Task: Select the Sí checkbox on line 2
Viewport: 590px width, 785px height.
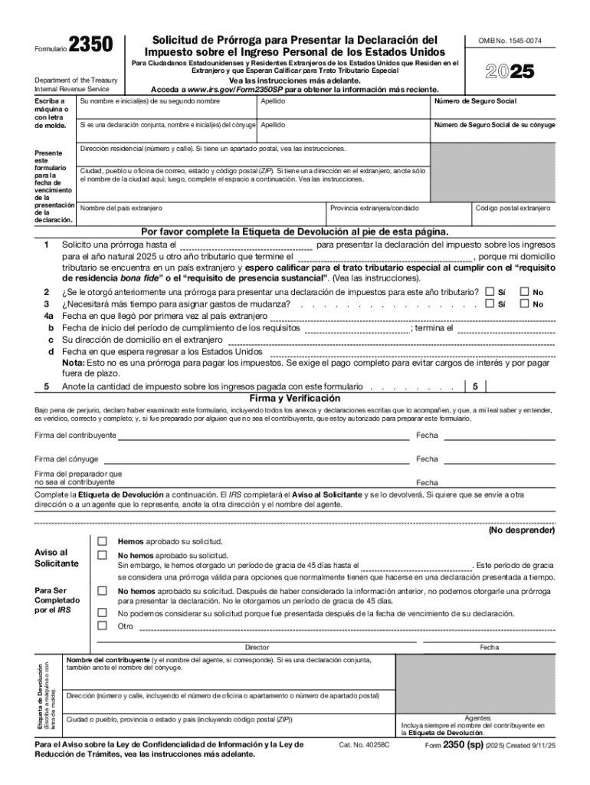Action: [x=490, y=292]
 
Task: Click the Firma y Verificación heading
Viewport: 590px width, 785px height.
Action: [x=295, y=399]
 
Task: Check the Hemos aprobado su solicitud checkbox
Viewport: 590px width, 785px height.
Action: [x=102, y=541]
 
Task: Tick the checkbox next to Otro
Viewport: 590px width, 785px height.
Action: [x=102, y=626]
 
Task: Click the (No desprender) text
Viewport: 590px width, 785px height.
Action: [x=522, y=530]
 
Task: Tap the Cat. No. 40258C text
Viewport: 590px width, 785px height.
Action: [x=364, y=744]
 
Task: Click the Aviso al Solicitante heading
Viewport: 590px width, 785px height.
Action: [x=57, y=557]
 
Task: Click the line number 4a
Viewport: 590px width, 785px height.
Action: [x=48, y=316]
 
